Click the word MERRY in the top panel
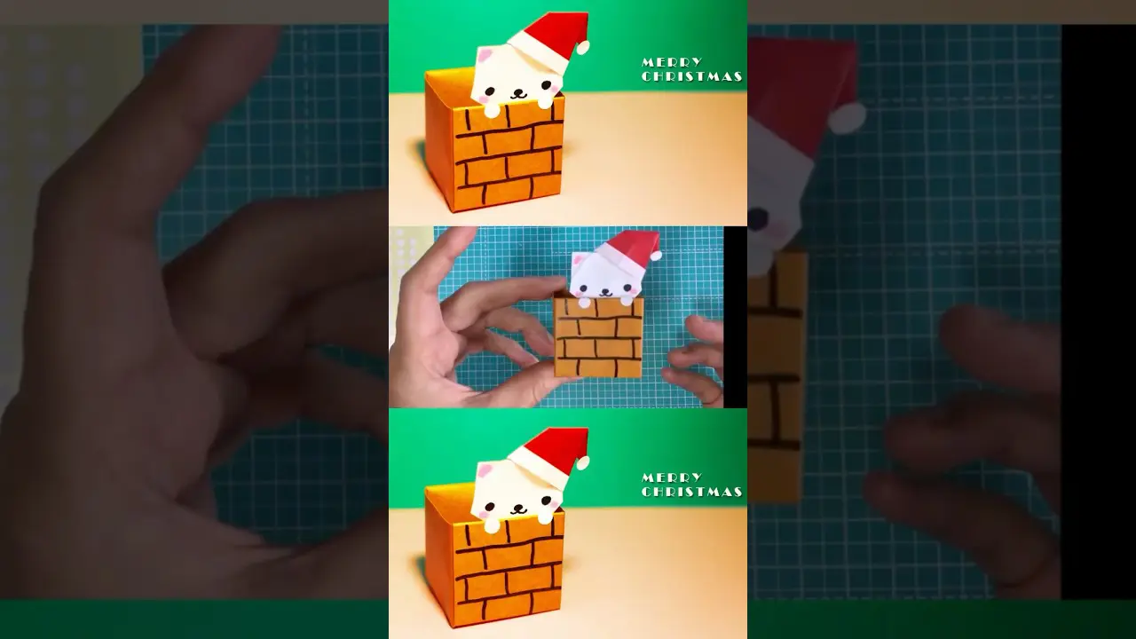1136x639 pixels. [x=672, y=62]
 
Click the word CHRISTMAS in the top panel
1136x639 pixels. [x=691, y=76]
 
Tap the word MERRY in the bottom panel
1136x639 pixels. [x=672, y=477]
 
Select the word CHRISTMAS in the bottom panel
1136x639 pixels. [x=691, y=492]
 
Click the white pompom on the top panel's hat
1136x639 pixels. [x=584, y=47]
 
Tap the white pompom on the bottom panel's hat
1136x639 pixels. [x=584, y=462]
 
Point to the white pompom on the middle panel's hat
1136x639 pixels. [x=656, y=255]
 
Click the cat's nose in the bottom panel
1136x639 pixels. [x=517, y=507]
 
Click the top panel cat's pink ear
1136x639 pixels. [x=485, y=54]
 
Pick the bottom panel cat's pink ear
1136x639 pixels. [x=485, y=469]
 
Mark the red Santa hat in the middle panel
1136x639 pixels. [x=630, y=253]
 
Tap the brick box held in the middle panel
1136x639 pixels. [x=598, y=336]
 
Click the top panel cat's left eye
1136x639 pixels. [x=490, y=92]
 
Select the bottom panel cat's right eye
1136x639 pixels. [x=546, y=501]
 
